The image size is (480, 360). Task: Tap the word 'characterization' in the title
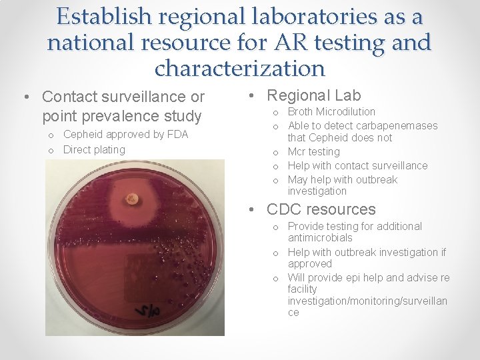coord(239,68)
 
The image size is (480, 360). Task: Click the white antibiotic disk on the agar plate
coord(132,197)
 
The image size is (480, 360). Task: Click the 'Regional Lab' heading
coord(313,95)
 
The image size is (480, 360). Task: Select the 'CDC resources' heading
coord(321,209)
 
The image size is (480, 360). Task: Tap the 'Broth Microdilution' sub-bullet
coord(331,111)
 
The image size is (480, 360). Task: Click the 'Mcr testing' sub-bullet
coord(313,151)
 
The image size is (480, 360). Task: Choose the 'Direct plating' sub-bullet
coord(94,149)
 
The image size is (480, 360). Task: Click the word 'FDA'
coord(177,134)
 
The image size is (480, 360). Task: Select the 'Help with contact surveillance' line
coord(357,165)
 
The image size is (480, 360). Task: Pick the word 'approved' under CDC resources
coord(309,263)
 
